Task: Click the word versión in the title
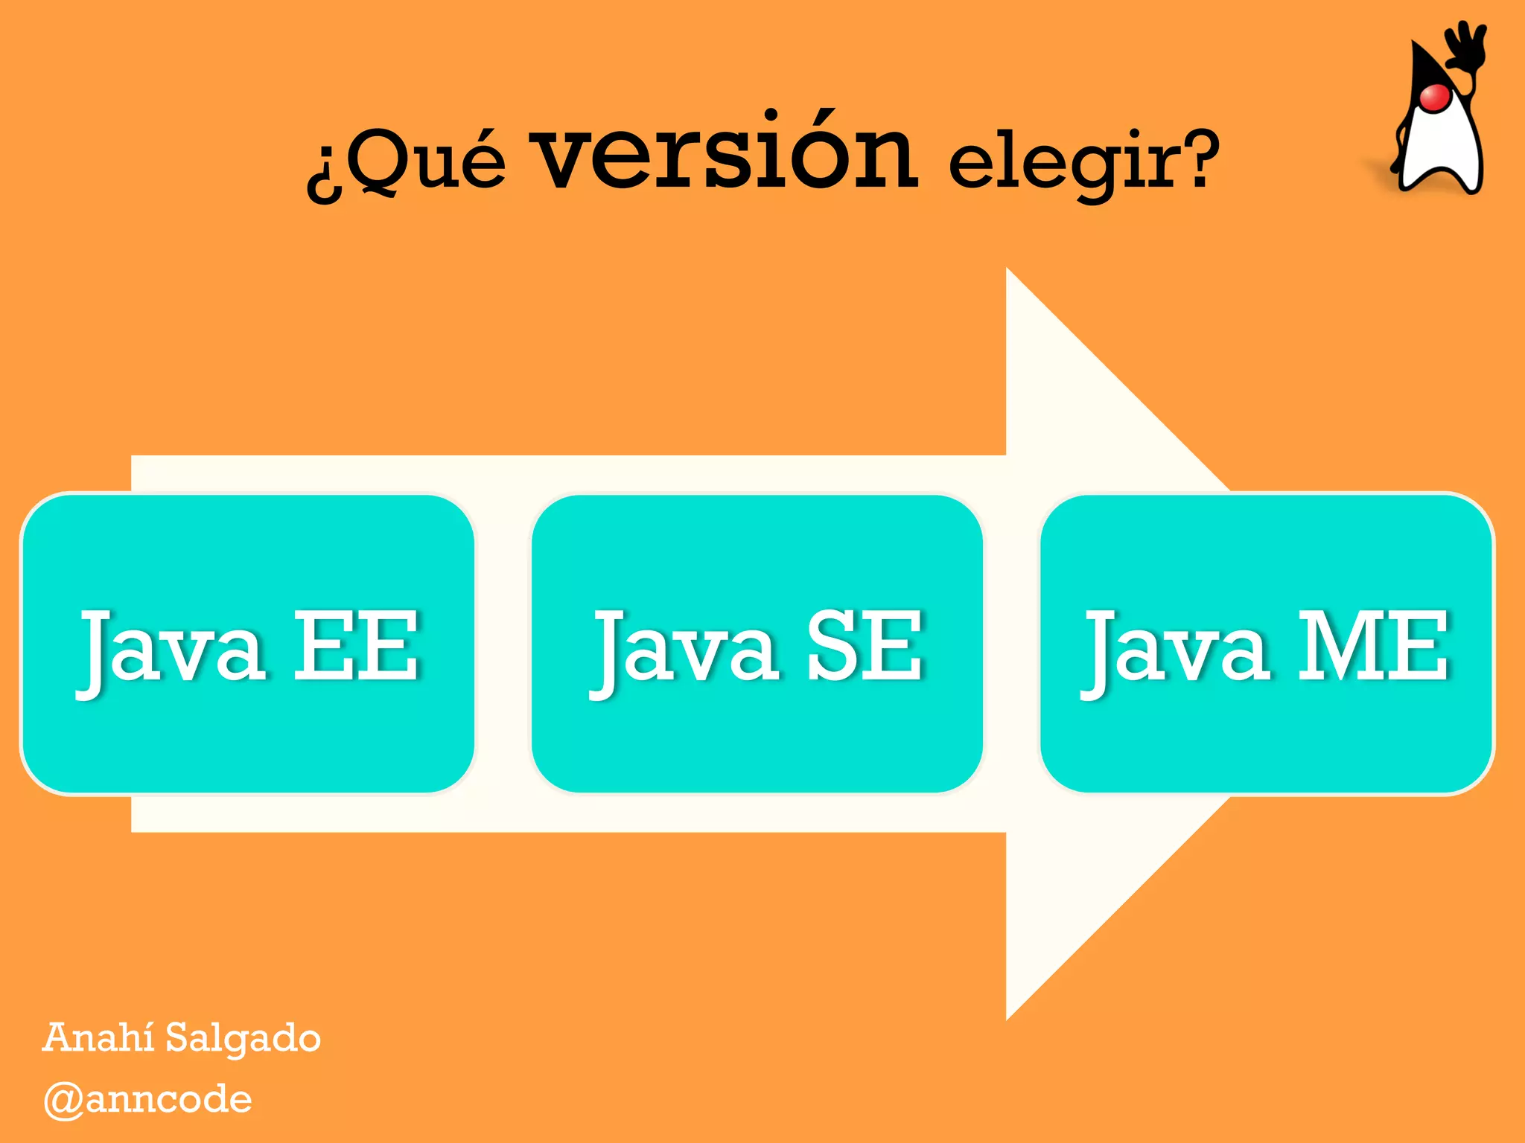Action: (727, 153)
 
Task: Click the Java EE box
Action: (248, 644)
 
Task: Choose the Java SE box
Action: (757, 644)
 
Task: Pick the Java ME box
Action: (1267, 644)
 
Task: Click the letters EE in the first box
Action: (356, 644)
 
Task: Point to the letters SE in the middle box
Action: (865, 644)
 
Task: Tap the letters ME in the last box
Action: (1374, 644)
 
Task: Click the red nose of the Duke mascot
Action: (1434, 97)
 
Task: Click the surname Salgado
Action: (243, 1039)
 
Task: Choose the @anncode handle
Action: (148, 1100)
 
